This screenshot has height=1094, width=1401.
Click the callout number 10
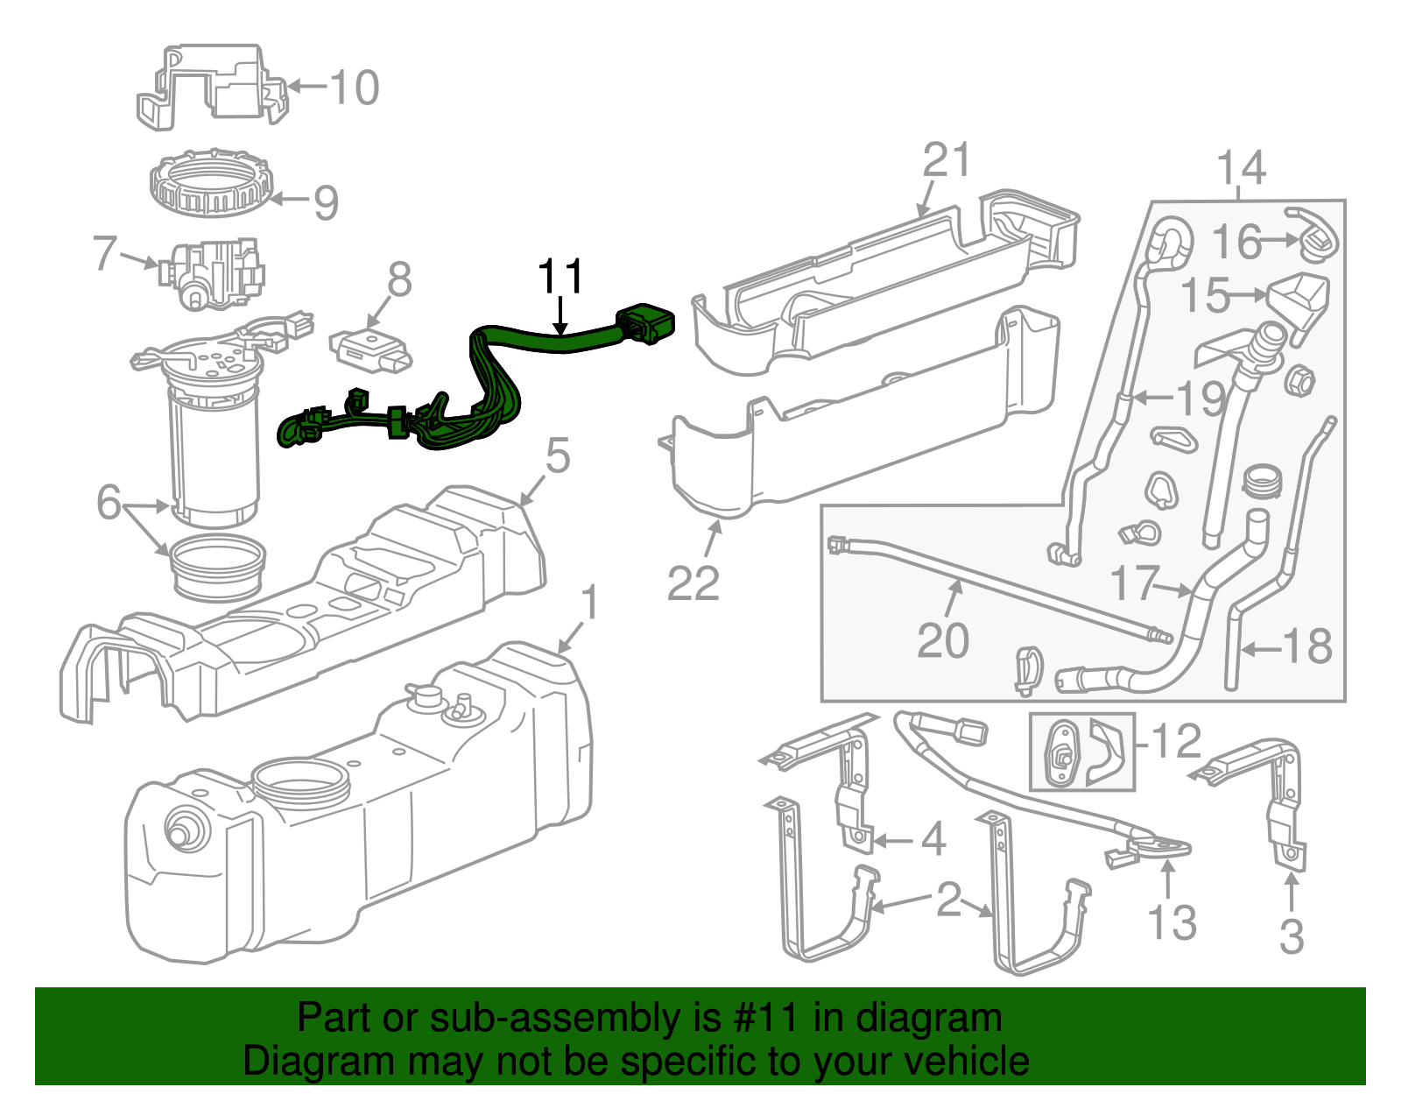[x=355, y=88]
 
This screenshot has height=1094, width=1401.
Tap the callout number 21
[x=947, y=160]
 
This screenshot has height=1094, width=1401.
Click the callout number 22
[x=693, y=583]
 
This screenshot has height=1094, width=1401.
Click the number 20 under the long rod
[x=943, y=640]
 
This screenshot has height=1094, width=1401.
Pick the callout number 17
[x=1135, y=582]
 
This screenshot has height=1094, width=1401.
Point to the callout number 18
[x=1307, y=646]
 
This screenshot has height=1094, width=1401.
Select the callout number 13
[x=1172, y=921]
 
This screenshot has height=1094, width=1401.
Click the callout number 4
[x=933, y=839]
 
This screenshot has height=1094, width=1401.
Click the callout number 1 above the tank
[x=592, y=603]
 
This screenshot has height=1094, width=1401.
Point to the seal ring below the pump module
[x=217, y=569]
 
